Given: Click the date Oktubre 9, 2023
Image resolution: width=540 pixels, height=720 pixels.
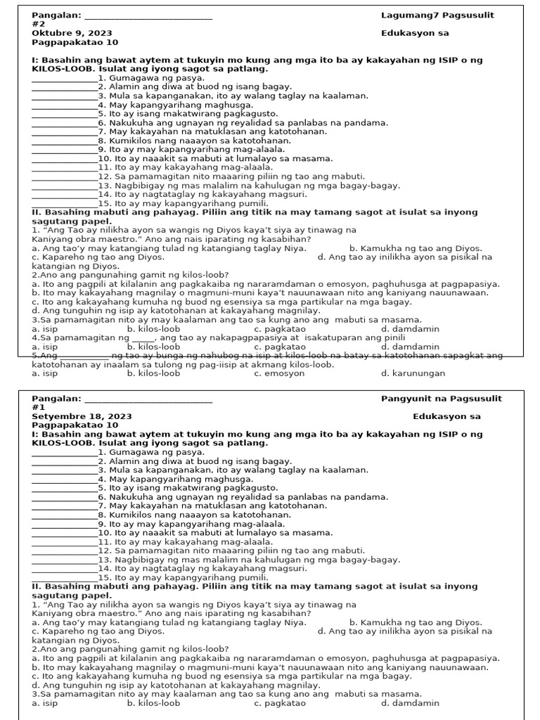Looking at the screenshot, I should pos(72,33).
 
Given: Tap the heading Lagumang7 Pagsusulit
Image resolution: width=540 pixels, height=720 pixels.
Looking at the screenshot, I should pos(437,15).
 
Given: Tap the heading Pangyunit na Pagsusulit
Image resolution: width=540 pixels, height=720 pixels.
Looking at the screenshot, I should pos(442,399).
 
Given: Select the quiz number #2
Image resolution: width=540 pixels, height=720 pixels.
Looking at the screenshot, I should pos(39,24).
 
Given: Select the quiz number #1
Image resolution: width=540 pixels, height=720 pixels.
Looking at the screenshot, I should pos(39,407).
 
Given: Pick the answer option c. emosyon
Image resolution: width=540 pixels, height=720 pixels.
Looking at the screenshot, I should pos(279,373).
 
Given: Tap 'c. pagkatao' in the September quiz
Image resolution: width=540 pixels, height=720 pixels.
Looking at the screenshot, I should pos(280,702).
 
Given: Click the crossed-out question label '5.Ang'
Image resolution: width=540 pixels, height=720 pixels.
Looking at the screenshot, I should pos(45,356).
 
